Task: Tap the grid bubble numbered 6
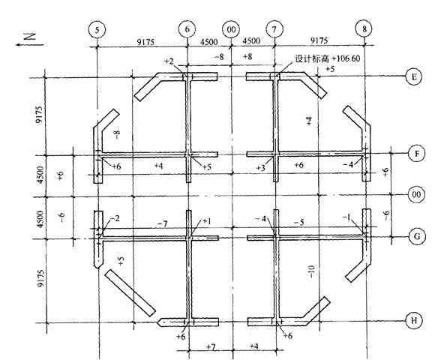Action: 187,28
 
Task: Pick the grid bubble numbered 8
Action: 364,28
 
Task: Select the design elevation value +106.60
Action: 325,57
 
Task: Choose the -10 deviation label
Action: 310,272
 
